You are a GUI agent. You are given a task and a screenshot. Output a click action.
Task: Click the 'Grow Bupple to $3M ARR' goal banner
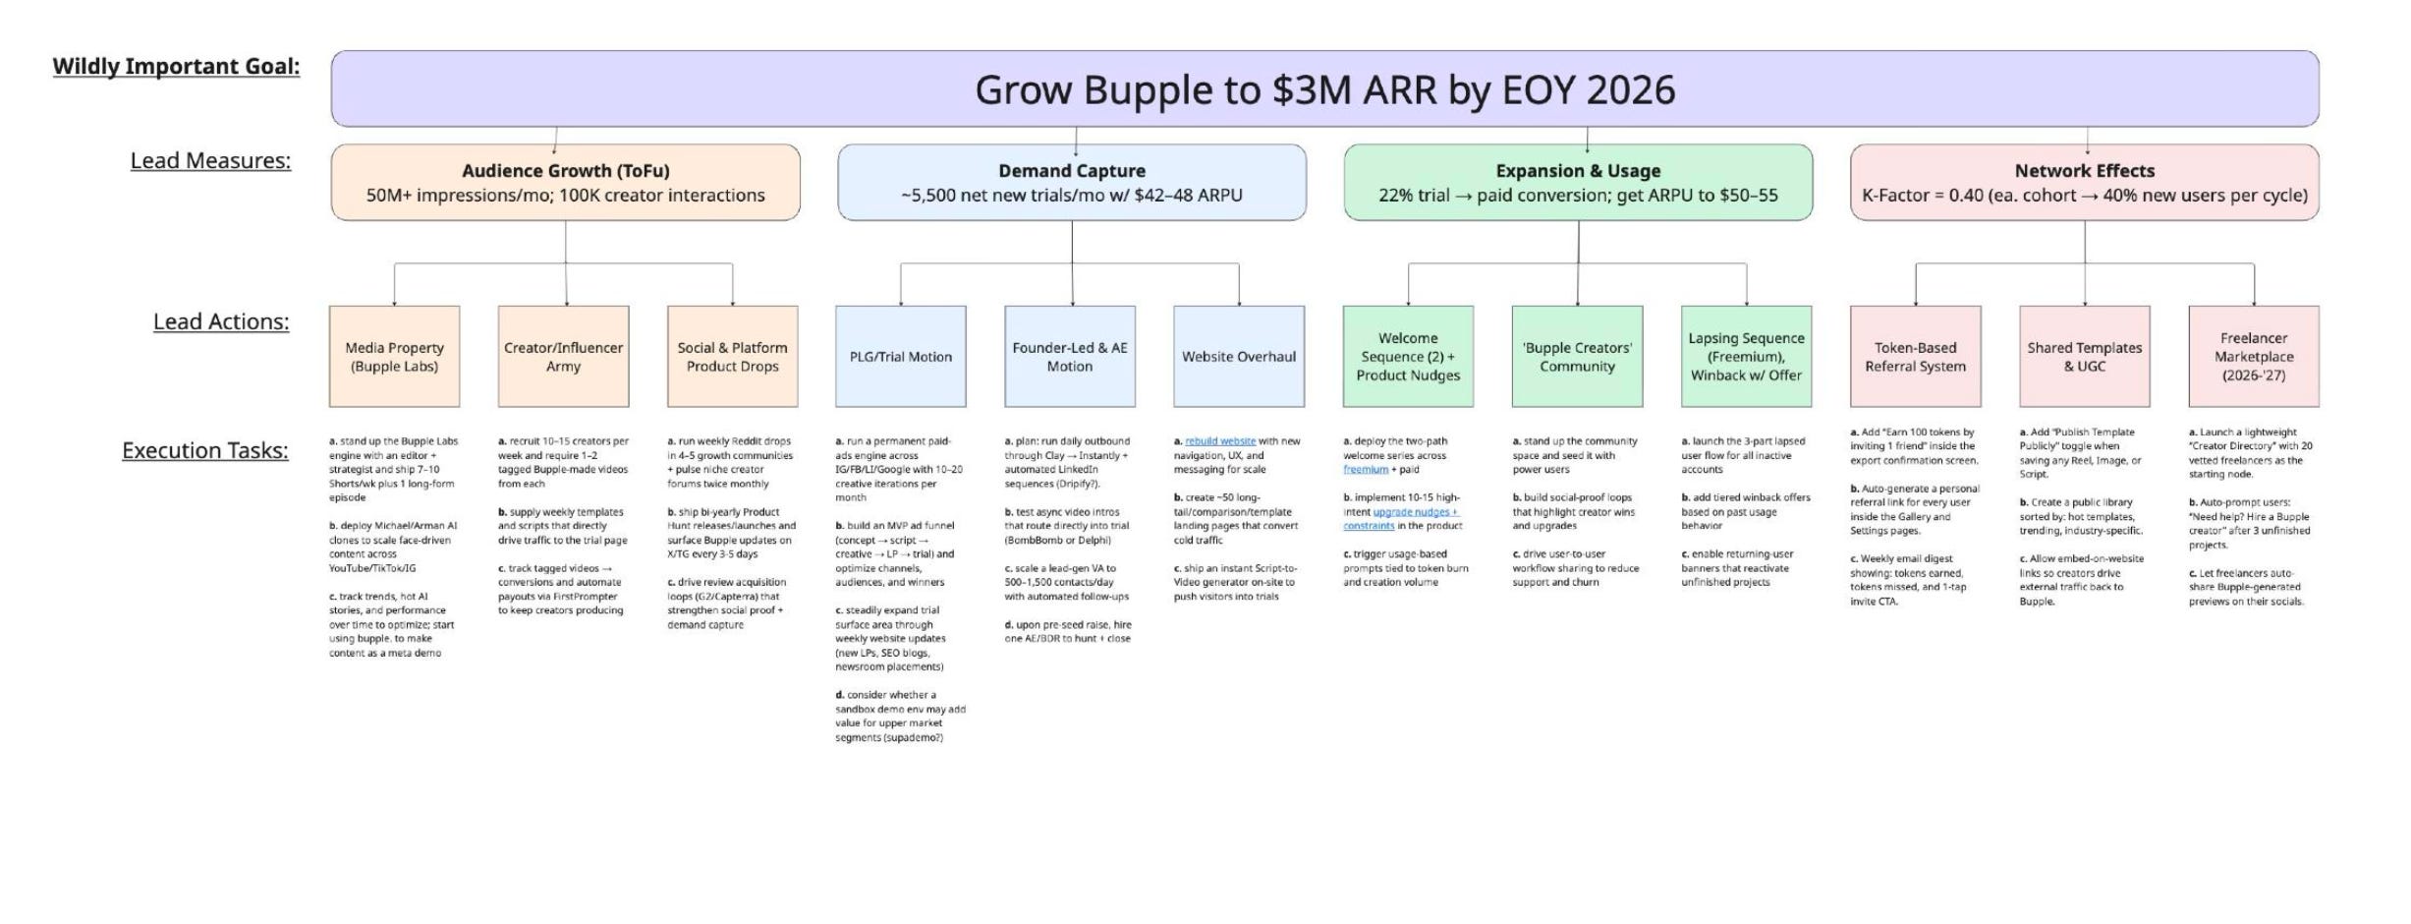(1324, 89)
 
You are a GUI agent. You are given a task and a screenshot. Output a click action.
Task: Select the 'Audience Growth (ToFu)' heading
(565, 170)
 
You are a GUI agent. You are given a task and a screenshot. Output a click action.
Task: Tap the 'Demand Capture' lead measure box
(1071, 183)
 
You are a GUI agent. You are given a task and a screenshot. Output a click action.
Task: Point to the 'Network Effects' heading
(2084, 170)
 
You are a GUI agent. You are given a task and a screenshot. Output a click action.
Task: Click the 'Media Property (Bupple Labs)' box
(394, 357)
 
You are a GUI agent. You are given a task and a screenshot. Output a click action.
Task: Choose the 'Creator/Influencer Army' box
(563, 357)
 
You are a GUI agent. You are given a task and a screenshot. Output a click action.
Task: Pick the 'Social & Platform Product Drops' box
(732, 357)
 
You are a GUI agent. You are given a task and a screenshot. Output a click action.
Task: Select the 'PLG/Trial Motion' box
(900, 357)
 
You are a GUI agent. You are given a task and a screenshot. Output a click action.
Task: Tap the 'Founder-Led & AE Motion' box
(1069, 357)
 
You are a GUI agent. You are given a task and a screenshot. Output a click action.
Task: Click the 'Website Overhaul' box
(1238, 357)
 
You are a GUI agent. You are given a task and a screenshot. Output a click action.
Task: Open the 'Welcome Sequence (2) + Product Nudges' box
(1408, 357)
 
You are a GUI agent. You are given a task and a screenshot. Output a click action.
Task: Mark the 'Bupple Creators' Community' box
(1577, 357)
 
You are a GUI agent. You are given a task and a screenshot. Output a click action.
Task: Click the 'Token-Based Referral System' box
(1915, 357)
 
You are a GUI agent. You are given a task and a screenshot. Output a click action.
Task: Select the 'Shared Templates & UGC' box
(2084, 357)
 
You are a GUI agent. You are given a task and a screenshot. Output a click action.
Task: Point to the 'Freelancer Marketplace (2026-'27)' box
(2253, 357)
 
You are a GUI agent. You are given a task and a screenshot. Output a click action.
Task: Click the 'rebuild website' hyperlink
(1220, 441)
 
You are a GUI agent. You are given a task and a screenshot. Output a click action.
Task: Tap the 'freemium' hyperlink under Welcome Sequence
(1365, 470)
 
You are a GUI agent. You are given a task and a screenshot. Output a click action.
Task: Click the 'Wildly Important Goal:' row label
(176, 67)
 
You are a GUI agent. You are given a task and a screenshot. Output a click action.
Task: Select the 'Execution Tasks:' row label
(204, 450)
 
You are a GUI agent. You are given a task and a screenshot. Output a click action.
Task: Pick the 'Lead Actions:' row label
(221, 321)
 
